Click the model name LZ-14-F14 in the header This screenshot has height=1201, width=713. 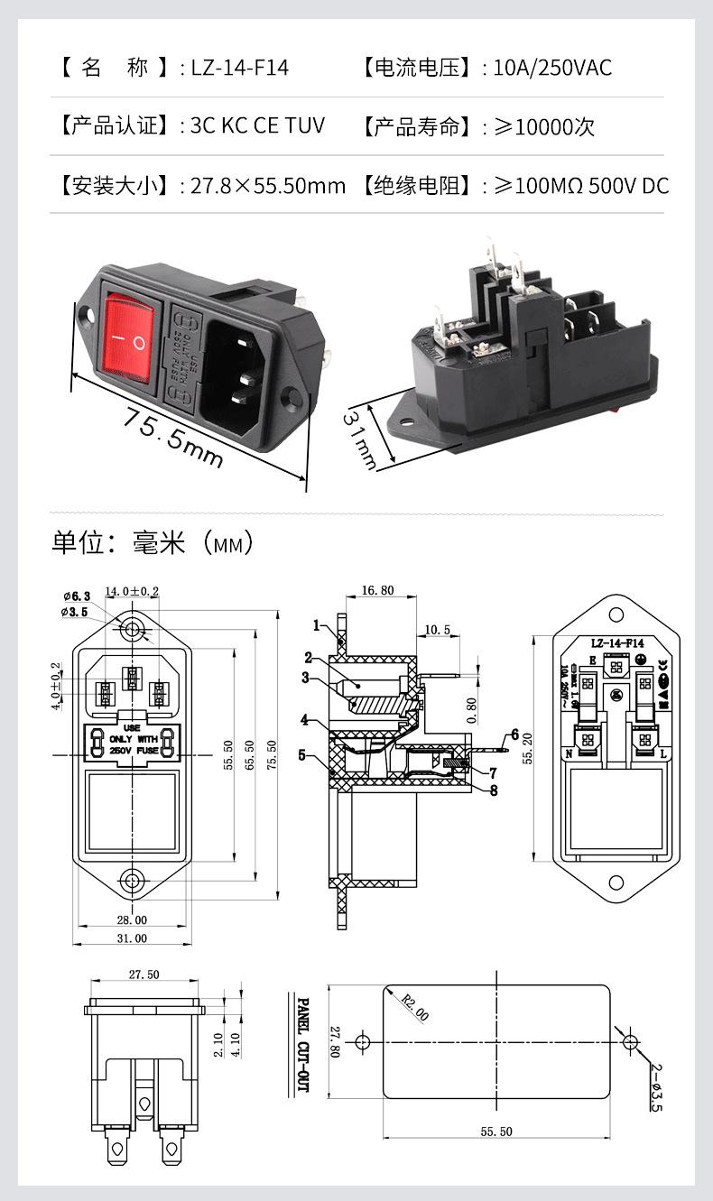[239, 68]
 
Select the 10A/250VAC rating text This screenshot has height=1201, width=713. [552, 68]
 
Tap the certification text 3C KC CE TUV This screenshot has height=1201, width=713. [257, 125]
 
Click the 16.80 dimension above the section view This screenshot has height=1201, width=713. [376, 591]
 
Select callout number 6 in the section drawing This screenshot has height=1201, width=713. [515, 734]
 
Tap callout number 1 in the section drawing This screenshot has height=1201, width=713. [317, 624]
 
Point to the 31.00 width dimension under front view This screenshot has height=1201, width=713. [132, 938]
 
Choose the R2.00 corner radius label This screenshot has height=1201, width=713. [414, 1007]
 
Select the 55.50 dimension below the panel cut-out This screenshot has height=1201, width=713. [495, 1132]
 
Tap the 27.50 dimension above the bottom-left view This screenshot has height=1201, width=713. [144, 975]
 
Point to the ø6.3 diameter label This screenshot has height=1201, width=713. [77, 596]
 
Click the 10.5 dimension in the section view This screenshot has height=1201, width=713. [436, 629]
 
